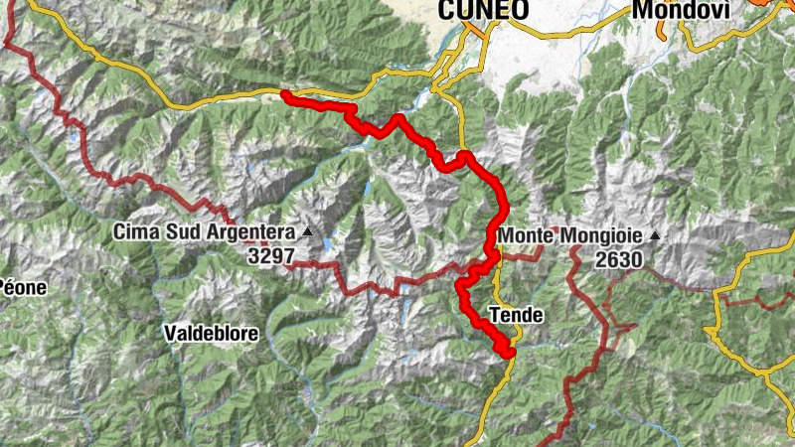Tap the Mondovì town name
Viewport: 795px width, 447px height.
[x=681, y=10]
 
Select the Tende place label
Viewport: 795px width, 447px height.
[x=517, y=315]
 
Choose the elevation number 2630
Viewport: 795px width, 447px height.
[x=619, y=259]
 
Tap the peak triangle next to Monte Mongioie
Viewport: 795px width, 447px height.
[x=655, y=236]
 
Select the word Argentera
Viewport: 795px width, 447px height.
[x=251, y=232]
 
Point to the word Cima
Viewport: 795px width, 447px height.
[x=134, y=232]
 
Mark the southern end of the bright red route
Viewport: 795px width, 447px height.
[x=510, y=352]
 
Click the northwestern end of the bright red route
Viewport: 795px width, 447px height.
[x=285, y=94]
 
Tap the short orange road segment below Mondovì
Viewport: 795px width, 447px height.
[x=686, y=30]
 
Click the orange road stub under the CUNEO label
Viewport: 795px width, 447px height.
[x=477, y=30]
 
